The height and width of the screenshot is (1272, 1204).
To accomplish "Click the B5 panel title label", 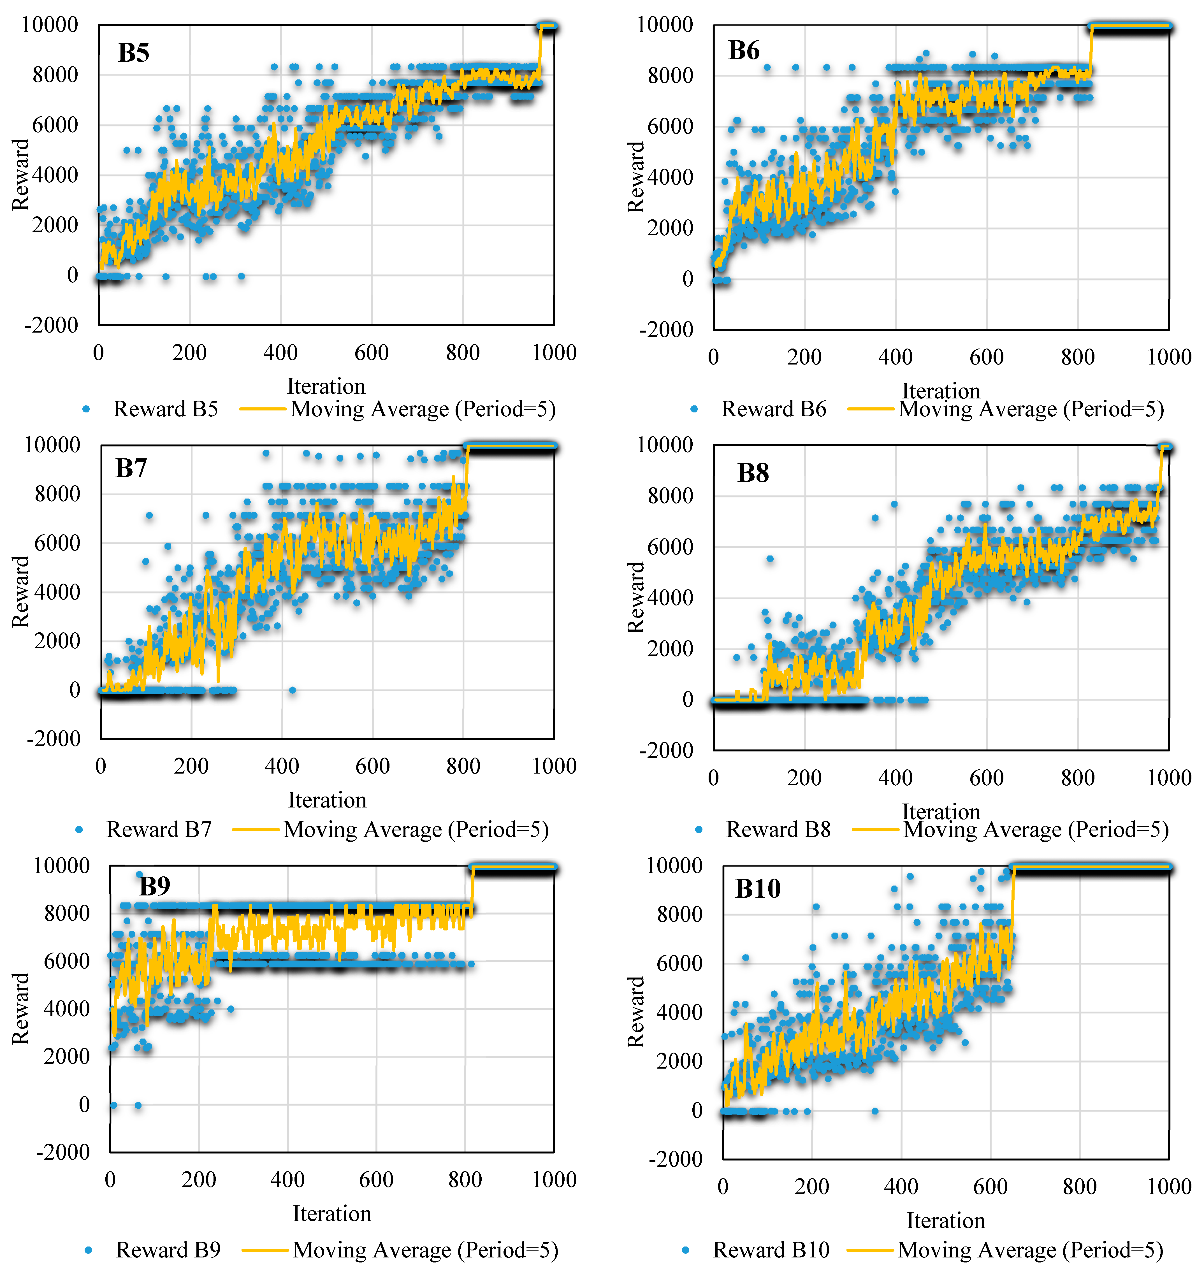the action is coord(133,53).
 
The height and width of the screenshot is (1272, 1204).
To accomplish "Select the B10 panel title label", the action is coord(758,889).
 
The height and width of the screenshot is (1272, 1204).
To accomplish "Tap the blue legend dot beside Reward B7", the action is coord(79,830).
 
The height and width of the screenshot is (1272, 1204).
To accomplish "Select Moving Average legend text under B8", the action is coord(1036,830).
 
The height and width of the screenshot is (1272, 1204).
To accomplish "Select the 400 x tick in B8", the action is coord(895,778).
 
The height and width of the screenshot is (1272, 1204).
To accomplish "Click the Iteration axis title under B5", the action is coord(326,386).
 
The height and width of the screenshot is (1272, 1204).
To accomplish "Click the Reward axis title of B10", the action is coord(635,1011).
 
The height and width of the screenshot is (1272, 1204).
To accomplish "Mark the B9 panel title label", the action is coord(155,886).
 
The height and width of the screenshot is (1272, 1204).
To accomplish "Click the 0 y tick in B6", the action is coord(688,279).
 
